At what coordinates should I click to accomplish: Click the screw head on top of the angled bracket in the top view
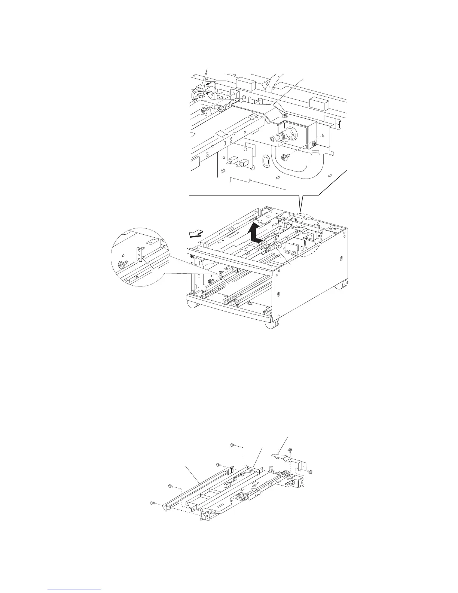tap(285, 116)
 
